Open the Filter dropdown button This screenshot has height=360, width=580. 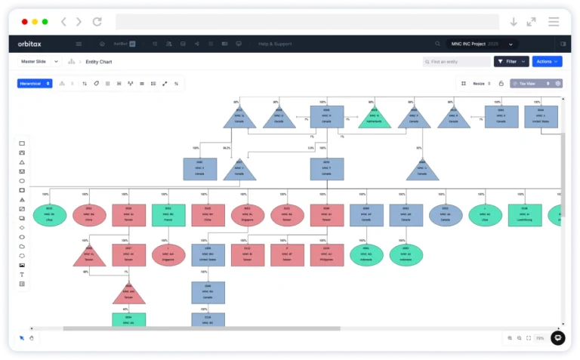[x=511, y=62]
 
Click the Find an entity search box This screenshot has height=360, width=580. [x=457, y=62]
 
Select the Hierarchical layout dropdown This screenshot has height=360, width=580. [x=34, y=84]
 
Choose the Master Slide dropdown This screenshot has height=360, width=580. [x=39, y=62]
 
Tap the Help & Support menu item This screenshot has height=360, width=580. [x=275, y=44]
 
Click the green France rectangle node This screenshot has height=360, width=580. [x=168, y=216]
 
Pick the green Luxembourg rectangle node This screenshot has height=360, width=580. [x=524, y=216]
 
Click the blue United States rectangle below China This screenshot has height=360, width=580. [x=207, y=255]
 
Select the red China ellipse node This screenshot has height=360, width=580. [x=89, y=216]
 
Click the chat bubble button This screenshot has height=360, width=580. [x=557, y=338]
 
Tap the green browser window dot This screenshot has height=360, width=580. [x=45, y=22]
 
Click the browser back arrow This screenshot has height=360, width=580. [x=63, y=22]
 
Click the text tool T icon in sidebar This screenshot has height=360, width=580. [x=22, y=275]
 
